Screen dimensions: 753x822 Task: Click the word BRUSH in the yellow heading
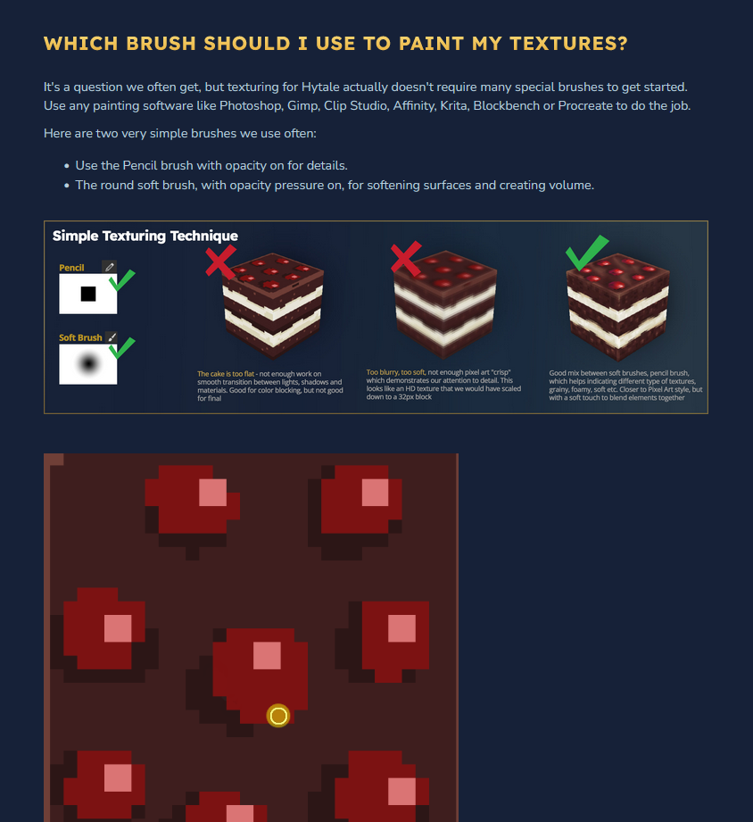coord(161,44)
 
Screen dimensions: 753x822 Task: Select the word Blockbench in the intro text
coord(506,106)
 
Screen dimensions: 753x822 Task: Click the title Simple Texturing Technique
coord(145,236)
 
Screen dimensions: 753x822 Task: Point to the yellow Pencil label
coord(71,268)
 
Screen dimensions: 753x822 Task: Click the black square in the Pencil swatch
coord(88,294)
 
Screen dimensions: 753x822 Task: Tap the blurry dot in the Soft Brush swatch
coord(88,363)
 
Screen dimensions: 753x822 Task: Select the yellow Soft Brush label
coord(80,337)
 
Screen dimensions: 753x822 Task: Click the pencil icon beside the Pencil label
coord(110,267)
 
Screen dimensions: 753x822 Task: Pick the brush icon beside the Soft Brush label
coord(112,337)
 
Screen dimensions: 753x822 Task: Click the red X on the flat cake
coord(220,262)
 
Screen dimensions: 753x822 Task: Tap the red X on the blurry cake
coord(406,258)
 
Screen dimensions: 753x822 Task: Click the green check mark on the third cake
coord(586,252)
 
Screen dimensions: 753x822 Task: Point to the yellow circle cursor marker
coord(278,716)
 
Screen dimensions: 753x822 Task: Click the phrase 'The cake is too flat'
coord(226,374)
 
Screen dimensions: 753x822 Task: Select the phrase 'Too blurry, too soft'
coord(395,372)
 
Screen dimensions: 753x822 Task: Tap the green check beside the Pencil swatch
coord(122,280)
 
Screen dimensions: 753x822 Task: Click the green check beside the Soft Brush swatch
coord(122,348)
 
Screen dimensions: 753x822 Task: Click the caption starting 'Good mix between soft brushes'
coord(625,386)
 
